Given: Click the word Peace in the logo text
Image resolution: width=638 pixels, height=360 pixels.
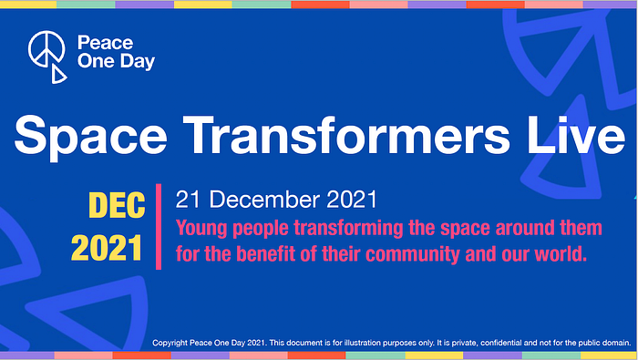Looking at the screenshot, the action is (105, 43).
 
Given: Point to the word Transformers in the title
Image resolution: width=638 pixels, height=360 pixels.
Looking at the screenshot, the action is (346, 134).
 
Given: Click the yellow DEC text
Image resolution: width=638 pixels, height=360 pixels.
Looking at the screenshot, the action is (117, 205).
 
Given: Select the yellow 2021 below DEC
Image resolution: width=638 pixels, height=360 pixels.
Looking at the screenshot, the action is (107, 248).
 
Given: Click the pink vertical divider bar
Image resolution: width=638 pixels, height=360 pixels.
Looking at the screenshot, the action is (159, 227).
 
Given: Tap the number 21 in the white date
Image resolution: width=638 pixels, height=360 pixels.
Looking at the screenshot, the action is (189, 200).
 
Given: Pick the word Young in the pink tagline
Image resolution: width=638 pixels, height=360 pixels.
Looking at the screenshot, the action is (201, 229).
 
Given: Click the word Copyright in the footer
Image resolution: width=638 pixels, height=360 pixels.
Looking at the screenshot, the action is (170, 343).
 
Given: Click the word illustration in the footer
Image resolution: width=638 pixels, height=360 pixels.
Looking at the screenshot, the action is (362, 343).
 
